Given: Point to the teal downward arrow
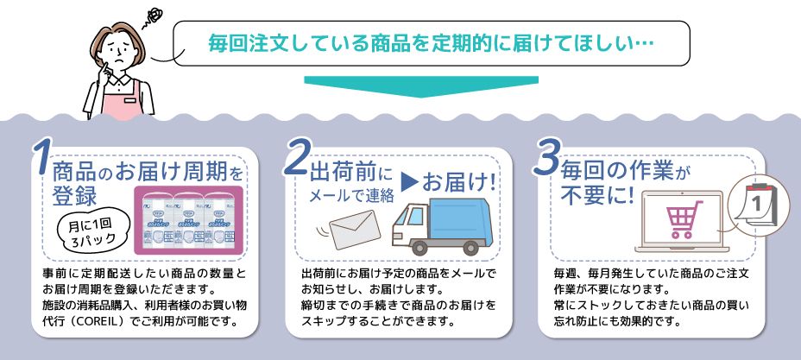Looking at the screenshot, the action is pyautogui.click(x=421, y=86).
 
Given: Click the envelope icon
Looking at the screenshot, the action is pyautogui.click(x=355, y=229).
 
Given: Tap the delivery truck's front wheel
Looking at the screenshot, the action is pyautogui.click(x=419, y=247).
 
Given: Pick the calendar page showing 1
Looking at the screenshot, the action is pyautogui.click(x=754, y=205).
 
